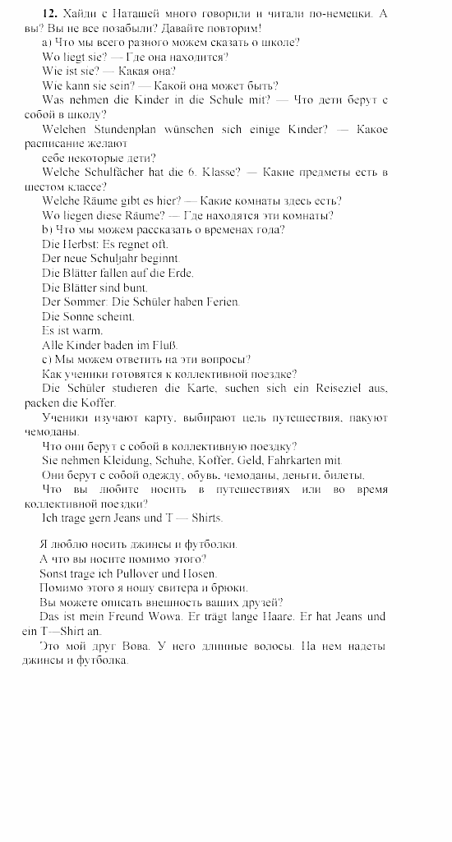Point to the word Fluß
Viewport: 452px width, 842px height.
click(x=164, y=345)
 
